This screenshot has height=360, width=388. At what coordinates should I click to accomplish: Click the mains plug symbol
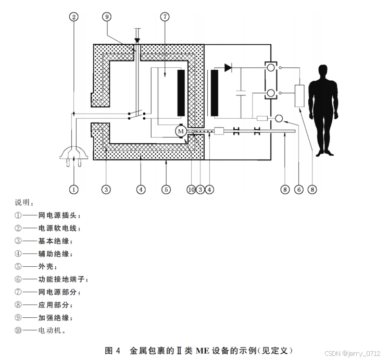click(73, 155)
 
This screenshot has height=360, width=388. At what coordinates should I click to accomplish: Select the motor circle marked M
click(181, 131)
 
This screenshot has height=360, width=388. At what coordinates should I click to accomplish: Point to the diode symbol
click(228, 67)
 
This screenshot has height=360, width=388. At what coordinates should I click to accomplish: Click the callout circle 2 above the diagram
click(74, 17)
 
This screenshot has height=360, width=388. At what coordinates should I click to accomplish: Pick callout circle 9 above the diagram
click(107, 17)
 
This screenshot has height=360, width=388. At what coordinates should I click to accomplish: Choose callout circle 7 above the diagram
click(165, 17)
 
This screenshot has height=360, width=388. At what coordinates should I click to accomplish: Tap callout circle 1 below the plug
click(74, 190)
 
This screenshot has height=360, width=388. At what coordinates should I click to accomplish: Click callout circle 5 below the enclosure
click(166, 190)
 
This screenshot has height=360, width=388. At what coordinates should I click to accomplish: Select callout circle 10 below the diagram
click(191, 190)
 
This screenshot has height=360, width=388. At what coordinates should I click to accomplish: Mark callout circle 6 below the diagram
click(299, 190)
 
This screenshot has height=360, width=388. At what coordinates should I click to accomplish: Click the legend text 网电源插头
click(59, 215)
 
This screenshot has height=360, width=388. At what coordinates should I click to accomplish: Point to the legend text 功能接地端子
click(63, 279)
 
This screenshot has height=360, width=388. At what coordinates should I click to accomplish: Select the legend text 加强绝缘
click(55, 318)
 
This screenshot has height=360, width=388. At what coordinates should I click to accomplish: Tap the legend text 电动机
click(52, 330)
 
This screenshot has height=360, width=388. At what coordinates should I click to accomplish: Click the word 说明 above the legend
click(23, 202)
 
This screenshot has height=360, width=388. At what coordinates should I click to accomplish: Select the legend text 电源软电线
click(59, 228)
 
